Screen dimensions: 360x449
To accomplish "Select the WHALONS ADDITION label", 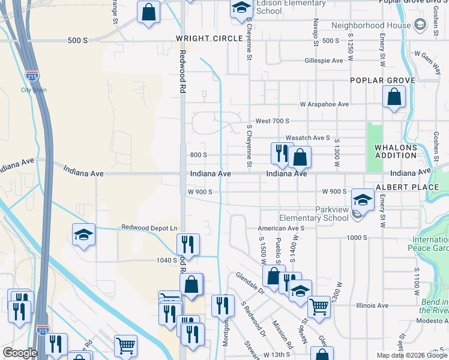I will coord(396,151).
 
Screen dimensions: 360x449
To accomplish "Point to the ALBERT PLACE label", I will coord(408,187).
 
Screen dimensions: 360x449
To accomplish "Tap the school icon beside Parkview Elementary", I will coord(363,200).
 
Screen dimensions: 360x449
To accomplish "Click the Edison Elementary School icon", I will coord(241,8).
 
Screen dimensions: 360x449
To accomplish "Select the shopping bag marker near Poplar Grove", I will coord(394,97).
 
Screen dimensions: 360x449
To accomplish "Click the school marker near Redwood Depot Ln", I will coord(84,235).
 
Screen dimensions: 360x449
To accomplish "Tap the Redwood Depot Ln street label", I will coord(149,228).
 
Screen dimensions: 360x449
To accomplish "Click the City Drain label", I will coord(34,90).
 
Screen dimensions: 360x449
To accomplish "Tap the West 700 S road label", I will coord(273,121).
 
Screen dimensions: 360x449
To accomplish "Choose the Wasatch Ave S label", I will coord(308,137).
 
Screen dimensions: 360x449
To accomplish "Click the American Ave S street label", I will coord(281,229).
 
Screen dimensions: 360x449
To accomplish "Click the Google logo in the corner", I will coord(20,353).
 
